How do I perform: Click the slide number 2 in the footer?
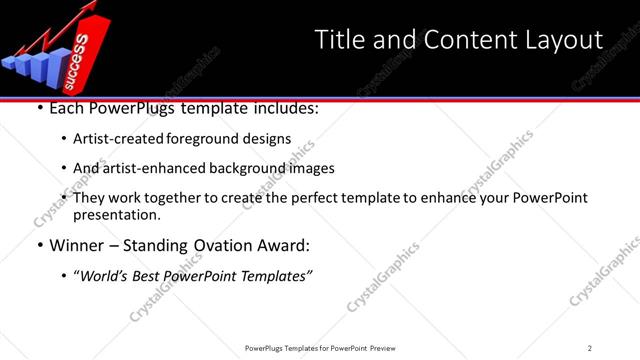(589, 348)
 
